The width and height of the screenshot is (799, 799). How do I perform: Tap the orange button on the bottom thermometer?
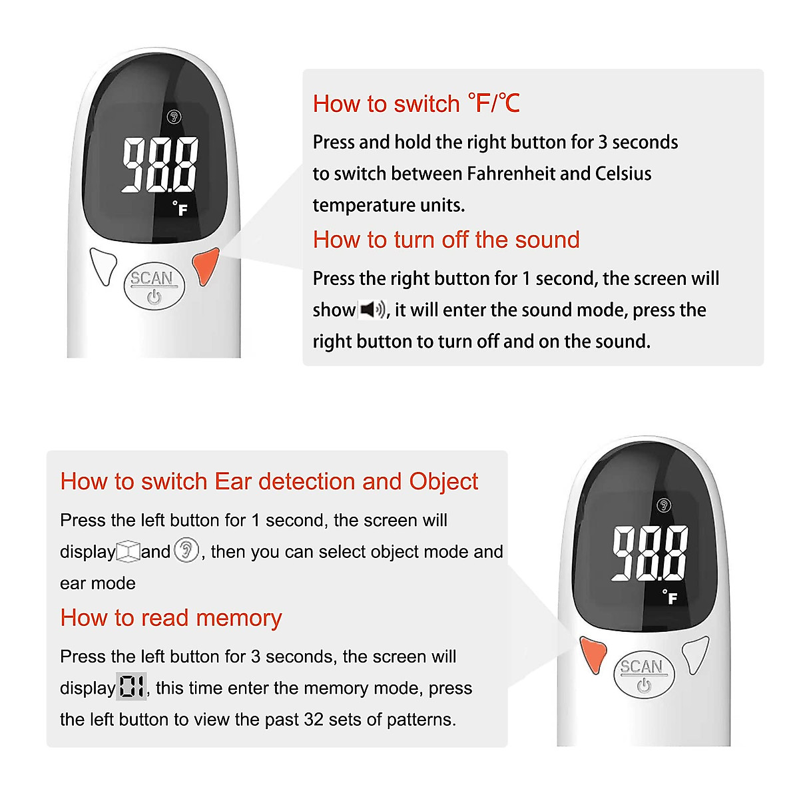pos(592,653)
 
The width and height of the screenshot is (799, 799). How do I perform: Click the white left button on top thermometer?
pos(104,266)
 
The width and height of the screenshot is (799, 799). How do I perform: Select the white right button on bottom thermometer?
pos(696,653)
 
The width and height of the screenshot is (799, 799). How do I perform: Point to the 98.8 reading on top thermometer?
pos(160,164)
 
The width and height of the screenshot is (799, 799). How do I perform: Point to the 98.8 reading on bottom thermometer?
pos(650,553)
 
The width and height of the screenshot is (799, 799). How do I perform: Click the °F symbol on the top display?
pos(180,209)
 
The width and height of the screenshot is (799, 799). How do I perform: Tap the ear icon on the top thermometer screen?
pos(174,117)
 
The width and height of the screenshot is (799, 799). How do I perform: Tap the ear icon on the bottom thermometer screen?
pos(664,505)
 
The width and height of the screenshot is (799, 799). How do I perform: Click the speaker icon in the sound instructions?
pos(372,310)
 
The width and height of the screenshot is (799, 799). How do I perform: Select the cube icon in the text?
pos(128,551)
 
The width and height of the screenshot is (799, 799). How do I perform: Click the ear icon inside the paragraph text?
pos(186,551)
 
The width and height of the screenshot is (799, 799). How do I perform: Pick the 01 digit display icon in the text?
pos(131,686)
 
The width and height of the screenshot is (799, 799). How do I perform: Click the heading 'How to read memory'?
pos(171,618)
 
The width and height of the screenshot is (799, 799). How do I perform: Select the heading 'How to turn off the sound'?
pos(446,240)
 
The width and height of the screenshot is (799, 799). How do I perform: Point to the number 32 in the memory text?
pos(314,720)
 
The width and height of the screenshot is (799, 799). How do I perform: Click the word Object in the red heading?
pos(443,481)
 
